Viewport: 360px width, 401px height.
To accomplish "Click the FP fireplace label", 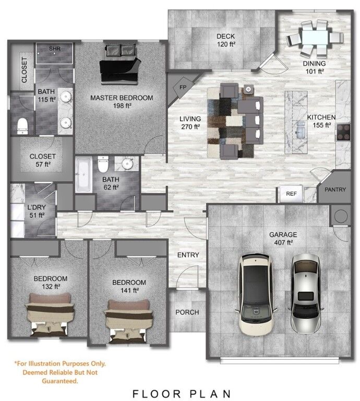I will [x=183, y=87].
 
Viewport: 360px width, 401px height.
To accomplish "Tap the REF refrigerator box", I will [x=291, y=193].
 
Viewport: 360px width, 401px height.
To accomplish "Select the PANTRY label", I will [x=334, y=190].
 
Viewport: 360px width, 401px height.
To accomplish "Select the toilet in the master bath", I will [x=22, y=124].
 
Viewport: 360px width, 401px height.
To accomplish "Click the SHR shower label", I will [x=55, y=48].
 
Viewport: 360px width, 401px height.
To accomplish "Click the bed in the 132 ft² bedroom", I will [x=49, y=314].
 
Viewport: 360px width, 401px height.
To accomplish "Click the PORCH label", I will [x=187, y=312].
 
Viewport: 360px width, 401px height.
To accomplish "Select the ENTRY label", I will [x=188, y=255].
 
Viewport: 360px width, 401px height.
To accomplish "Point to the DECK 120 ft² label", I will [x=226, y=40].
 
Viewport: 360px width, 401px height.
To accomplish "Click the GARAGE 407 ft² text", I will [x=283, y=238].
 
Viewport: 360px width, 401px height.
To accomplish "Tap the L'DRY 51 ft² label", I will [x=36, y=210].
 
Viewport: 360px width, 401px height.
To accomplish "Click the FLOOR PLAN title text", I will [x=181, y=393].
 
